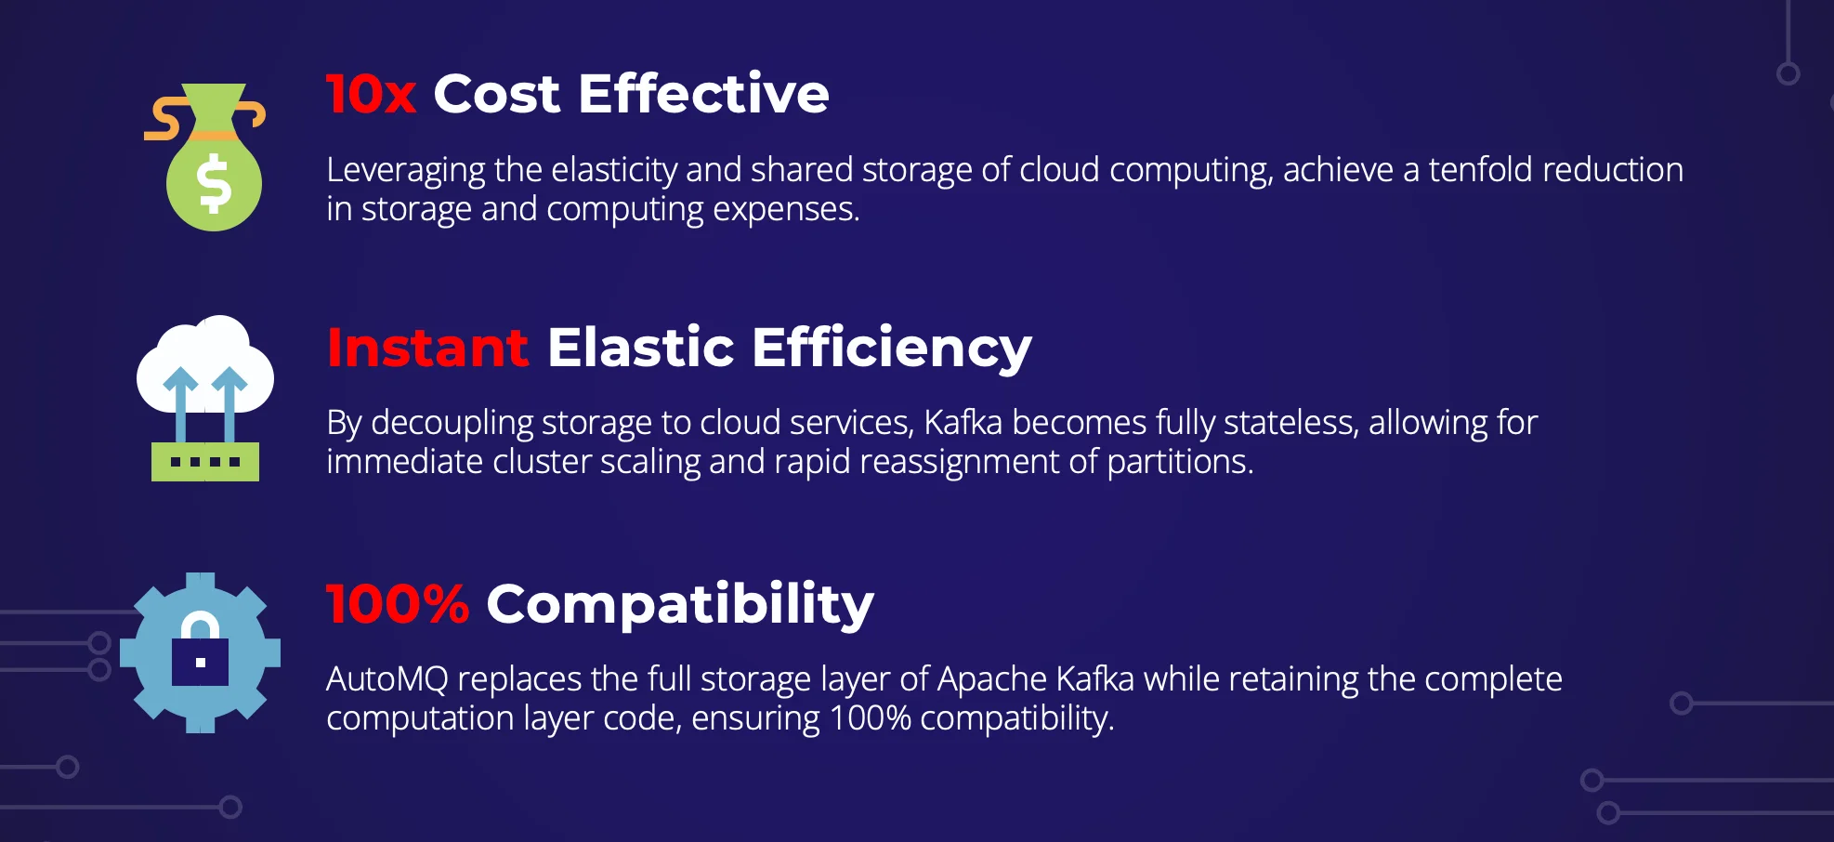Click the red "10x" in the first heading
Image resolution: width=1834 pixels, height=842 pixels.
(x=371, y=94)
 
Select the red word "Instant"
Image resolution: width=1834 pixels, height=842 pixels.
(x=427, y=348)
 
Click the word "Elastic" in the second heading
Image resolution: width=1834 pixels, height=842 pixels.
(x=641, y=348)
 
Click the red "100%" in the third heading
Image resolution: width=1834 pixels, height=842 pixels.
(x=398, y=604)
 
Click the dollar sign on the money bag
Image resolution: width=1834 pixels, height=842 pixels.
(x=215, y=183)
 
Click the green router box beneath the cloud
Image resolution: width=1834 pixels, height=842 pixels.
(x=205, y=462)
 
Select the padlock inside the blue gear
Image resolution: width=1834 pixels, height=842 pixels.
(x=200, y=650)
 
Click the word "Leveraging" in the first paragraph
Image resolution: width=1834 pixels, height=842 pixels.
(x=406, y=171)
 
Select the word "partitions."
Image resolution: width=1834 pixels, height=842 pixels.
(x=1180, y=462)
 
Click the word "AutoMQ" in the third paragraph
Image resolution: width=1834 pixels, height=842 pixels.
(x=387, y=679)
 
